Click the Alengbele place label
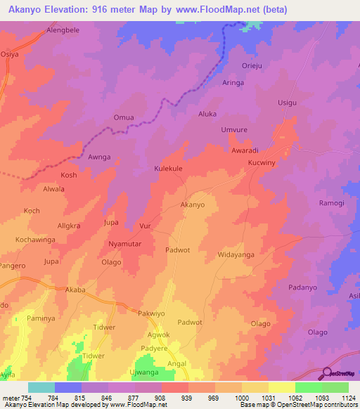pos(65,31)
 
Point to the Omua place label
pos(123,118)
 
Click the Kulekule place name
pos(168,169)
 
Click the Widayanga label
pos(236,254)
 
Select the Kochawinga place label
pos(35,240)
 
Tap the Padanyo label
pos(304,287)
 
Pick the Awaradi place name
pos(245,150)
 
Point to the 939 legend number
pos(188,398)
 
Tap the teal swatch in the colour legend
pos(41,387)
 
